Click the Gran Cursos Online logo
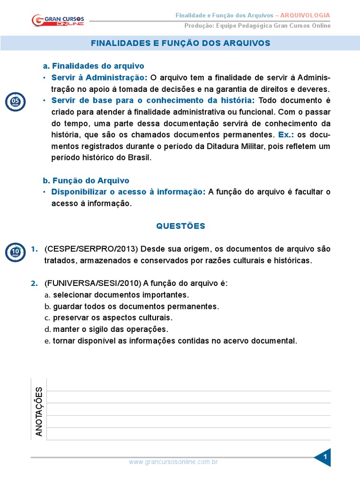(x=58, y=20)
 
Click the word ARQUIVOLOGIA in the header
(x=308, y=15)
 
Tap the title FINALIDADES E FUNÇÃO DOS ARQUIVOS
(x=180, y=43)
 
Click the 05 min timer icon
(x=15, y=102)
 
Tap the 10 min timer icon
(x=15, y=253)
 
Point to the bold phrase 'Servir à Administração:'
(x=99, y=77)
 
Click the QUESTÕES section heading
(x=180, y=226)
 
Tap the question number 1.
(x=34, y=249)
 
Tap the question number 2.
(x=34, y=283)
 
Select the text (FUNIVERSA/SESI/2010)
(x=93, y=283)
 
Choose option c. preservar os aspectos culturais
(x=109, y=318)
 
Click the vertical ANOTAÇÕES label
(x=39, y=412)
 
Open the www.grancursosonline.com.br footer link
(x=173, y=462)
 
